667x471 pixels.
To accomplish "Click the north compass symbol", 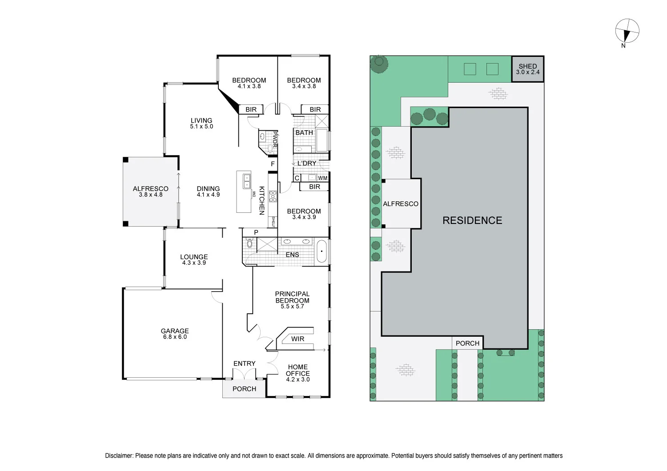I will tap(627, 31).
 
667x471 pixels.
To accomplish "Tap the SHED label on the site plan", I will tap(527, 66).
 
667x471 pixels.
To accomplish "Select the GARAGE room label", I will tap(175, 331).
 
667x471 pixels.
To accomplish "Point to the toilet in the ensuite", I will tap(249, 243).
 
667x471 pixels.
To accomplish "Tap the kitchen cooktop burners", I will tap(273, 196).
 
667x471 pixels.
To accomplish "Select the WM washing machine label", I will tap(322, 178).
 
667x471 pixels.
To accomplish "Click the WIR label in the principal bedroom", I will tap(297, 339).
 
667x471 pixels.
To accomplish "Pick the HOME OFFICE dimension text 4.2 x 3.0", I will tap(297, 379).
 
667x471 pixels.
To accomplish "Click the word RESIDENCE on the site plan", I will tap(472, 220).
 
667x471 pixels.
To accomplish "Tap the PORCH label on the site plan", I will tap(467, 343).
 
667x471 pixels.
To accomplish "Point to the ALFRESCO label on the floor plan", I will tap(150, 189).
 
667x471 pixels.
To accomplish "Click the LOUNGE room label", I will tap(194, 257).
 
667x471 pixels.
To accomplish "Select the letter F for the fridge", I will tap(273, 164).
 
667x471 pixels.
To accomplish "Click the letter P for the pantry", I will tap(256, 232).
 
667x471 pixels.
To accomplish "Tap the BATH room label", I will tap(304, 132).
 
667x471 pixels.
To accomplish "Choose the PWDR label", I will tap(275, 140).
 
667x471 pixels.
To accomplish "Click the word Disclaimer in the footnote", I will tap(119, 456).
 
